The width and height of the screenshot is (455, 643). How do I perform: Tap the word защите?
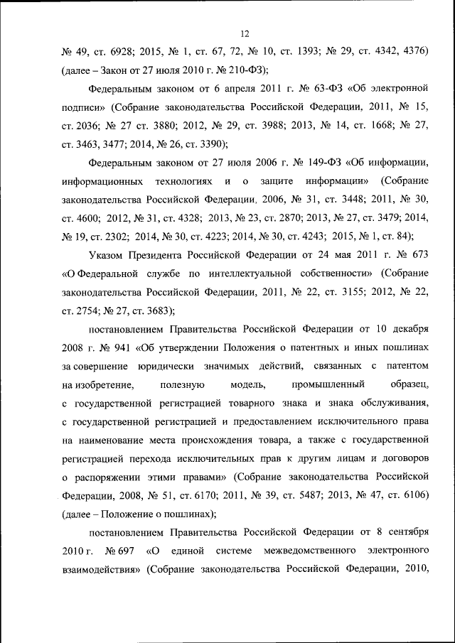[269, 181]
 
